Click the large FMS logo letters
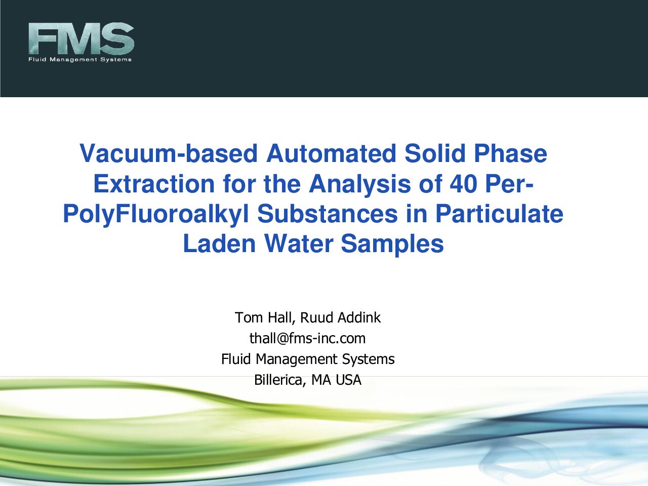click(81, 38)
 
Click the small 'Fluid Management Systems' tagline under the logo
click(80, 60)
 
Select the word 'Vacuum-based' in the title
click(169, 153)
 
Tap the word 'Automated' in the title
click(331, 153)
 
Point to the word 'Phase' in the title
click(510, 154)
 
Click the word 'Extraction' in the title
click(154, 184)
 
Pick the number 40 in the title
click(463, 184)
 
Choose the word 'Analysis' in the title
click(359, 184)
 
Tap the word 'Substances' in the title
click(328, 214)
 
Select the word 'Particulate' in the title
click(500, 214)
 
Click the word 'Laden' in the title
click(219, 244)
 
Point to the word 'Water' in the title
click(299, 244)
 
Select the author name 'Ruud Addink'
click(340, 317)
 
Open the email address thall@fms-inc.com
click(307, 339)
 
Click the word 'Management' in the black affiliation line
click(296, 359)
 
